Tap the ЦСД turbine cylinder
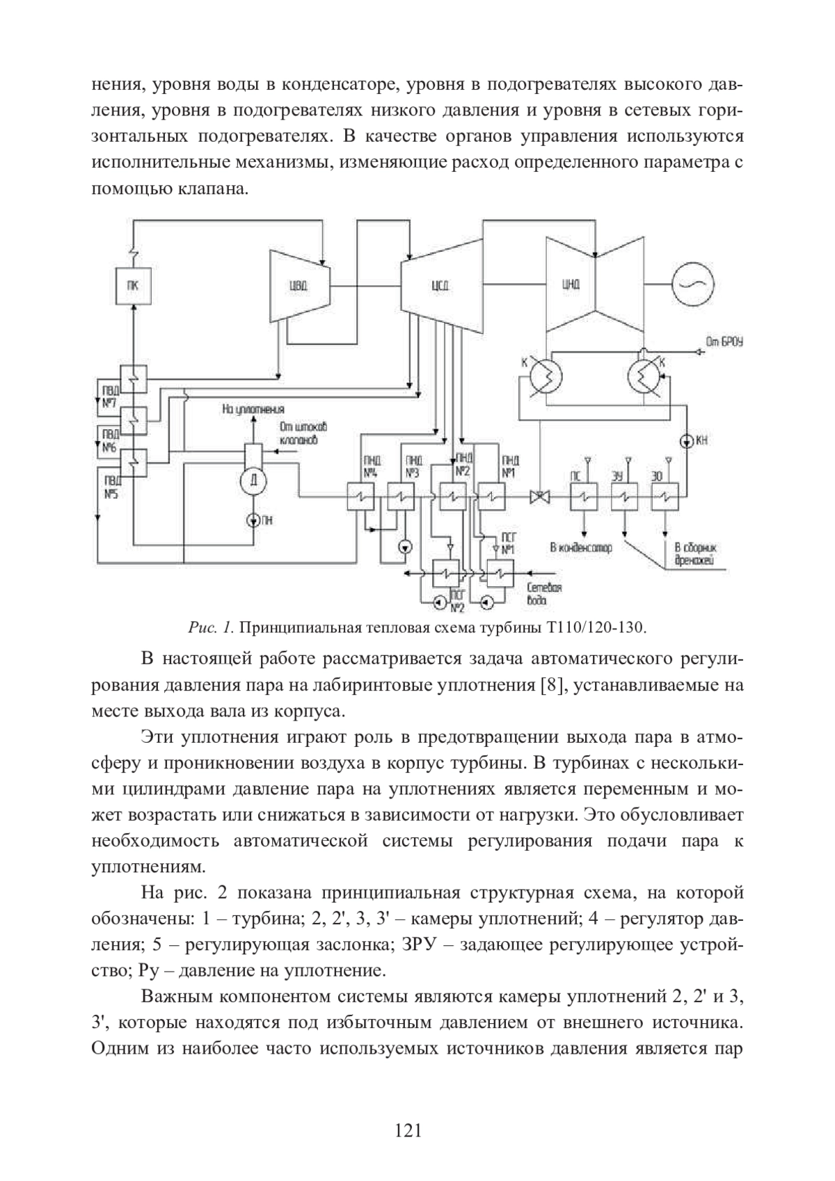[442, 285]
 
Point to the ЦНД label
[571, 284]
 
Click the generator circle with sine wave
[692, 284]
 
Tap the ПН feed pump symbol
[253, 520]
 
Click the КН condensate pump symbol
[687, 440]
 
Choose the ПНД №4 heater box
[360, 496]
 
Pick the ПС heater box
[584, 496]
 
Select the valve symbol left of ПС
[539, 496]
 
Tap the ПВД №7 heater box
[133, 378]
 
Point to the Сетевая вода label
[544, 594]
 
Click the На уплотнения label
[253, 409]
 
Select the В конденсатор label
[581, 548]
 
